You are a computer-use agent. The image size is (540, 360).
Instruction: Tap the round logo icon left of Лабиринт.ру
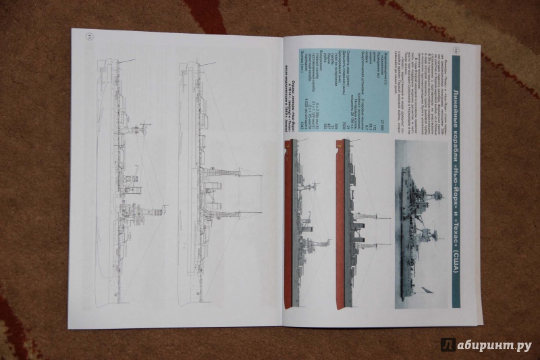pyautogui.click(x=447, y=345)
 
